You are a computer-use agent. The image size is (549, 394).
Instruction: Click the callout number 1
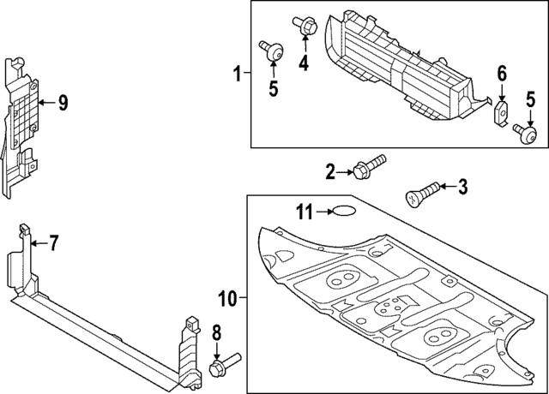coord(238,75)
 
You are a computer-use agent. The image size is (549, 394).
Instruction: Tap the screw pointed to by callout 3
coord(420,192)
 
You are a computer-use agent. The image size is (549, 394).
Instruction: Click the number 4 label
coord(304,62)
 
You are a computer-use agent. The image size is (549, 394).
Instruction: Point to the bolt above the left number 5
coord(272,51)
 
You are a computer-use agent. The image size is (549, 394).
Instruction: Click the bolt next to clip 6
coord(524,132)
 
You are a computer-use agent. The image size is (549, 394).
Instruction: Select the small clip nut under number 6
coord(502,113)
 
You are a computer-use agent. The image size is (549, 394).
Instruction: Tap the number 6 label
coord(503,75)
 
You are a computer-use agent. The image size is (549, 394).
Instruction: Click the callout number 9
coord(63,104)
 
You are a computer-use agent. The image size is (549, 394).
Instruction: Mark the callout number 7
coord(53,244)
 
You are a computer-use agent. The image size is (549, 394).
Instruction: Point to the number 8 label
coord(216,332)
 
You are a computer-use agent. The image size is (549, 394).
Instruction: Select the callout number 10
coord(227,299)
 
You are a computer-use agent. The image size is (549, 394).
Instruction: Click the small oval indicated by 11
coord(345,212)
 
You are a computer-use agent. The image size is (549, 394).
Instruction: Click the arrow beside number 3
coord(448,186)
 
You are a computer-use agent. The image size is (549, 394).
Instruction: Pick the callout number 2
coord(330,172)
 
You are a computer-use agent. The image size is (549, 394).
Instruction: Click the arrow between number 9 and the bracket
coord(45,104)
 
